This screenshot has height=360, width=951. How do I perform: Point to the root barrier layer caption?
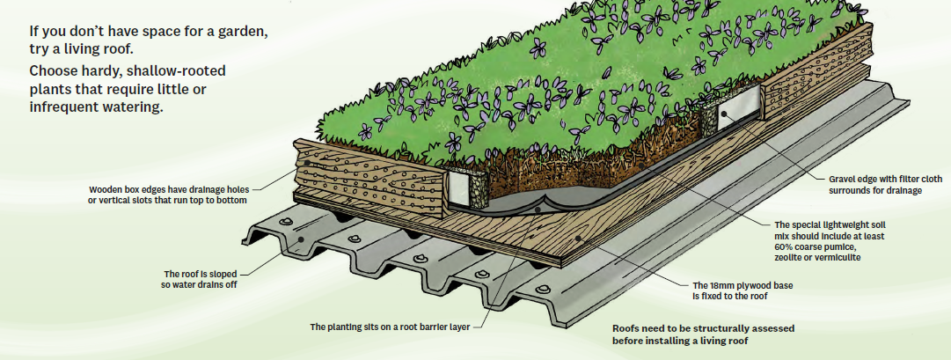391,327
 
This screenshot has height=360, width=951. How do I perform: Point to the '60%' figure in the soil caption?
786,247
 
